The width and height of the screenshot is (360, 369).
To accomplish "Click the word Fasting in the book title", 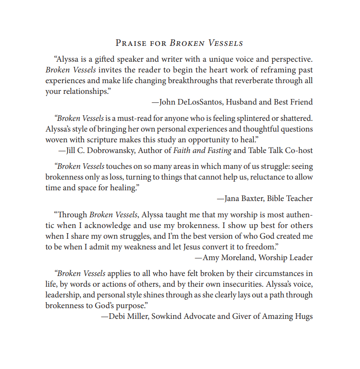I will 217,150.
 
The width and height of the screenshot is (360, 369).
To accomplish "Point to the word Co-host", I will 298,150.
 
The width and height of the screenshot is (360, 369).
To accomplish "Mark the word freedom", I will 263,247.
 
